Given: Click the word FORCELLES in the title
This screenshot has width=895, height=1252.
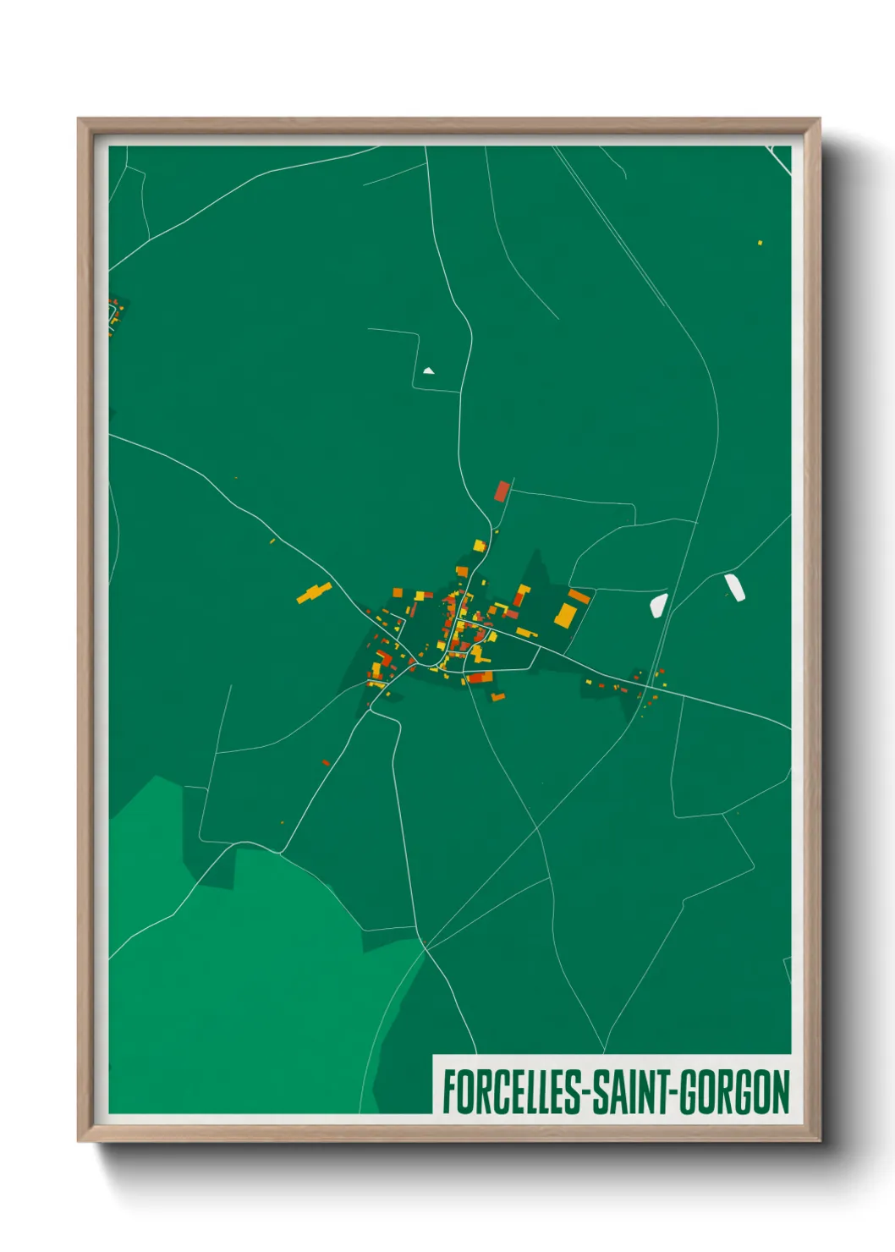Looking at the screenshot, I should [511, 1092].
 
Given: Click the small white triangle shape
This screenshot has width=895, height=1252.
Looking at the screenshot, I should [428, 370].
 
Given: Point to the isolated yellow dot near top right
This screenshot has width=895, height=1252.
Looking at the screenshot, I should [760, 243].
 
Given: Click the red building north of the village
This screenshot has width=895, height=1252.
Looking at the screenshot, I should [502, 491].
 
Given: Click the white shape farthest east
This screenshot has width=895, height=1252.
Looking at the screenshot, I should [735, 586].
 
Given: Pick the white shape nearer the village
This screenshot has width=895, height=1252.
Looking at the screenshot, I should [658, 604].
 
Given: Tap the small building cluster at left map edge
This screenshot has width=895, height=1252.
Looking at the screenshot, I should [114, 312].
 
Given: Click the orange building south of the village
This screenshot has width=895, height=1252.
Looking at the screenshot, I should [498, 696].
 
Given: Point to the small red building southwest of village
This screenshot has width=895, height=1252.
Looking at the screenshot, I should [326, 762].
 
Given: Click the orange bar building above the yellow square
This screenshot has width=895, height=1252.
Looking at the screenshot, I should [579, 596].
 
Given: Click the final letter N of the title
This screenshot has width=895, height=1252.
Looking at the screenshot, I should [781, 1092].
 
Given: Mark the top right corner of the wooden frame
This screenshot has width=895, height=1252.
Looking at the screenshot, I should [819, 120].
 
